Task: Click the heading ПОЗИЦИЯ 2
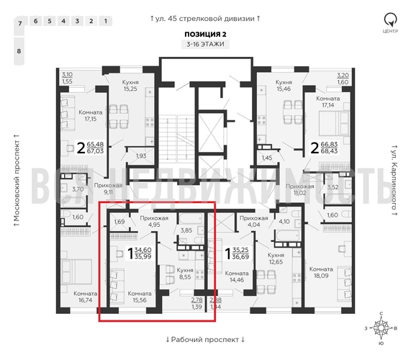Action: point(205,33)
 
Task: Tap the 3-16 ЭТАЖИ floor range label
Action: point(205,45)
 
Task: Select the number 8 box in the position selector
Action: point(19,52)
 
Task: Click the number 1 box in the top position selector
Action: point(106,21)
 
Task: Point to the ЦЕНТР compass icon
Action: point(389,22)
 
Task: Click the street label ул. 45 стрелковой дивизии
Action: point(205,17)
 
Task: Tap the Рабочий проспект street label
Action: point(205,339)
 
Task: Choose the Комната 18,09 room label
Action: point(321,273)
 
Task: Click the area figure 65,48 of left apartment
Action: point(95,145)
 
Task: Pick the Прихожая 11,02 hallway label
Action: point(299,189)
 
